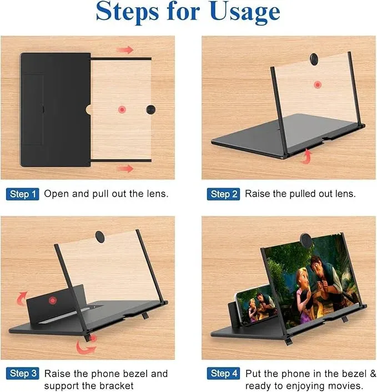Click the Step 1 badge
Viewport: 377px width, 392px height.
coord(23,194)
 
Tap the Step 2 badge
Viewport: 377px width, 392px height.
coord(224,194)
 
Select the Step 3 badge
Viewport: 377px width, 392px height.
coord(23,374)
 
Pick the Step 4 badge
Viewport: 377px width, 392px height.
coord(224,374)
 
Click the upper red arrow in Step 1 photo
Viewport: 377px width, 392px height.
coord(126,50)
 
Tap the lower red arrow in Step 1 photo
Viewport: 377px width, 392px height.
coord(125,168)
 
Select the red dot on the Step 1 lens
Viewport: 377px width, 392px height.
coord(122,110)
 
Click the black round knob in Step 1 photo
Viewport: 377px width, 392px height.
coord(151,109)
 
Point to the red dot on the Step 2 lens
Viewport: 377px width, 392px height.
coord(317,84)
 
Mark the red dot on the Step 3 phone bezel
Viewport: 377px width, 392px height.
coord(52,300)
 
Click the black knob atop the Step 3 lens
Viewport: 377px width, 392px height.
coord(101,237)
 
